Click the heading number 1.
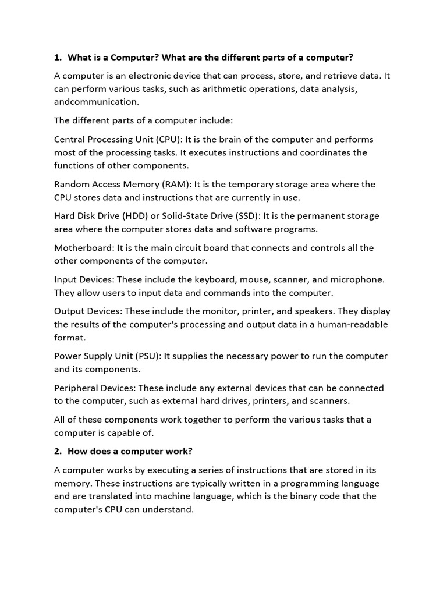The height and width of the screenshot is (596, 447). (57, 57)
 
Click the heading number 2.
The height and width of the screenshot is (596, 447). (57, 450)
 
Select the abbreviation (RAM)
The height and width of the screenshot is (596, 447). (173, 185)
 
